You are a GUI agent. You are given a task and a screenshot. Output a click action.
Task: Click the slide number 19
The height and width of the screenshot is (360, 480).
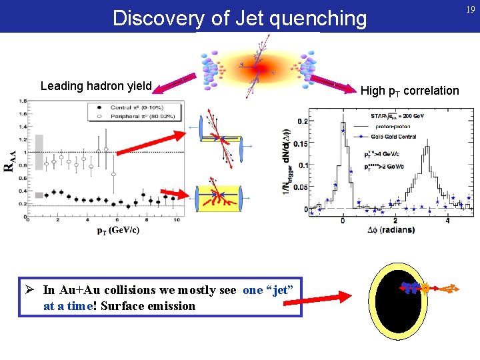point(471,10)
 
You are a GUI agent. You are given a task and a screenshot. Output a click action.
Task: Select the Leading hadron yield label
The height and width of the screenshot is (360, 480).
point(96,86)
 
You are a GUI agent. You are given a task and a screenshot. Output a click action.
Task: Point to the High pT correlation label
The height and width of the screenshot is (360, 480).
point(409,91)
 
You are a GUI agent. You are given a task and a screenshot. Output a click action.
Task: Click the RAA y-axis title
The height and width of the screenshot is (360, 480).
point(9,161)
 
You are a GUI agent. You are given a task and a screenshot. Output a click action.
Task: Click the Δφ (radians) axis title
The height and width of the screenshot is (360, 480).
point(391,229)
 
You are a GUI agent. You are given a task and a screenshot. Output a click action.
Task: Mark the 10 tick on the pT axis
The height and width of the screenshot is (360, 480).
point(176,220)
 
